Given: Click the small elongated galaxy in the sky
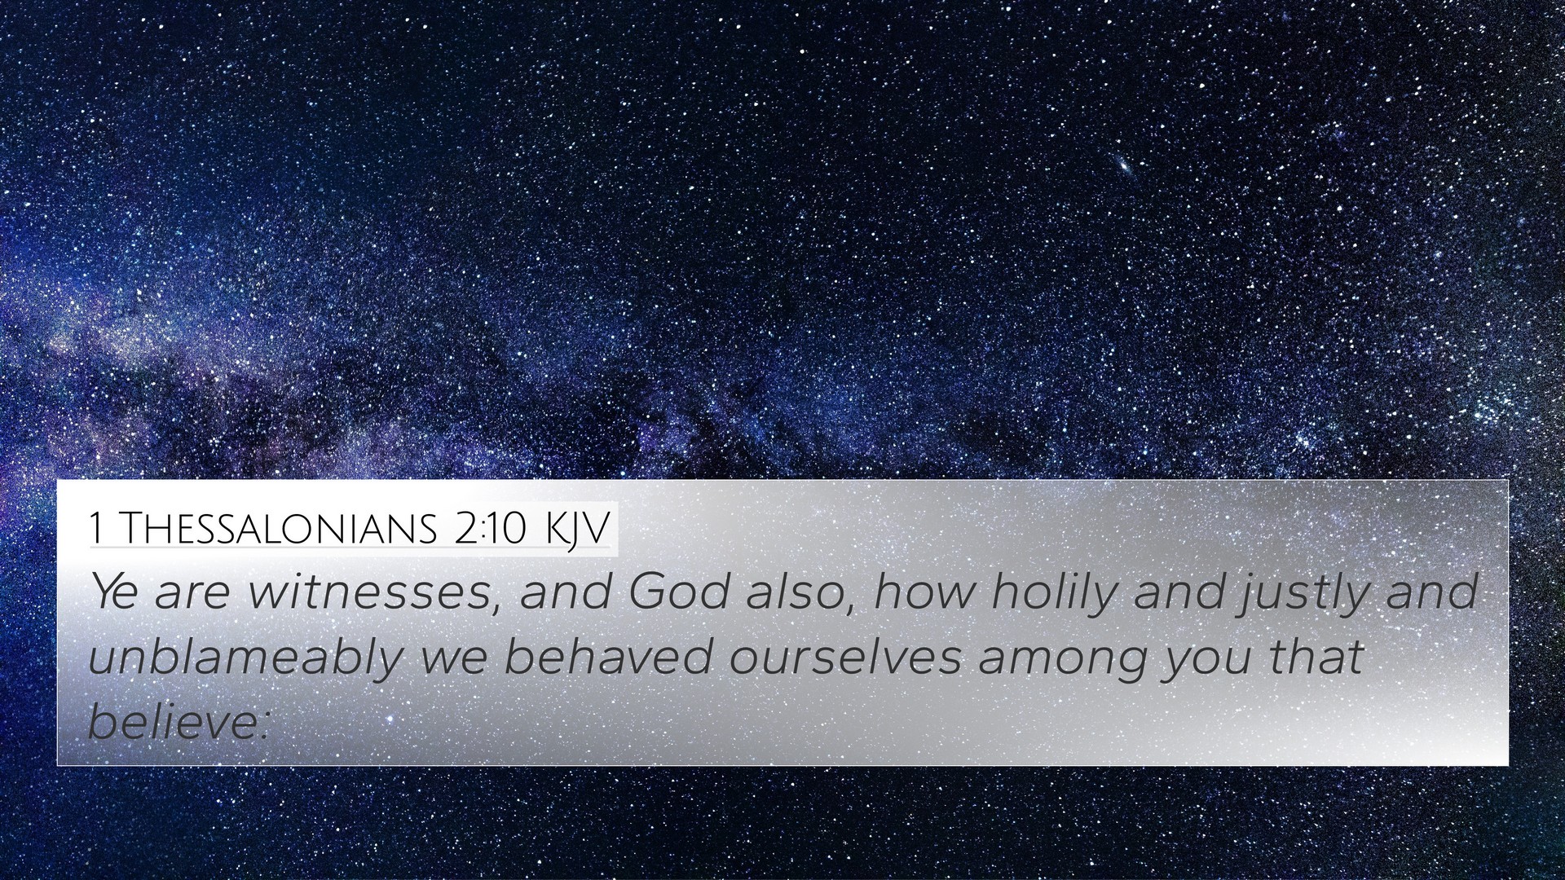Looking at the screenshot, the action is click(x=1125, y=167).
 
